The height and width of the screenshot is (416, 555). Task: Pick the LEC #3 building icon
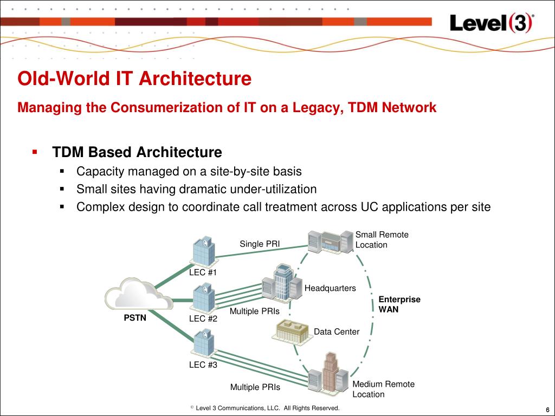pyautogui.click(x=204, y=343)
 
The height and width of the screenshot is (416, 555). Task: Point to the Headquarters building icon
pyautogui.click(x=280, y=282)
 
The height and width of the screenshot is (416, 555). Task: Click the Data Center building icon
pyautogui.click(x=292, y=331)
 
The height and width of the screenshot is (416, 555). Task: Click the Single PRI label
pyautogui.click(x=260, y=244)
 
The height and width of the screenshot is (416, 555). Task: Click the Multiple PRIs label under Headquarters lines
pyautogui.click(x=255, y=311)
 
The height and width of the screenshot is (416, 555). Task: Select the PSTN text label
pyautogui.click(x=135, y=318)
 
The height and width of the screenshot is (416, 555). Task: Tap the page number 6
pyautogui.click(x=547, y=409)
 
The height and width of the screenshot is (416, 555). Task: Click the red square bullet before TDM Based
pyautogui.click(x=35, y=151)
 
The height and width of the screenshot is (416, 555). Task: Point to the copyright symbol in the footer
pyautogui.click(x=192, y=407)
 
